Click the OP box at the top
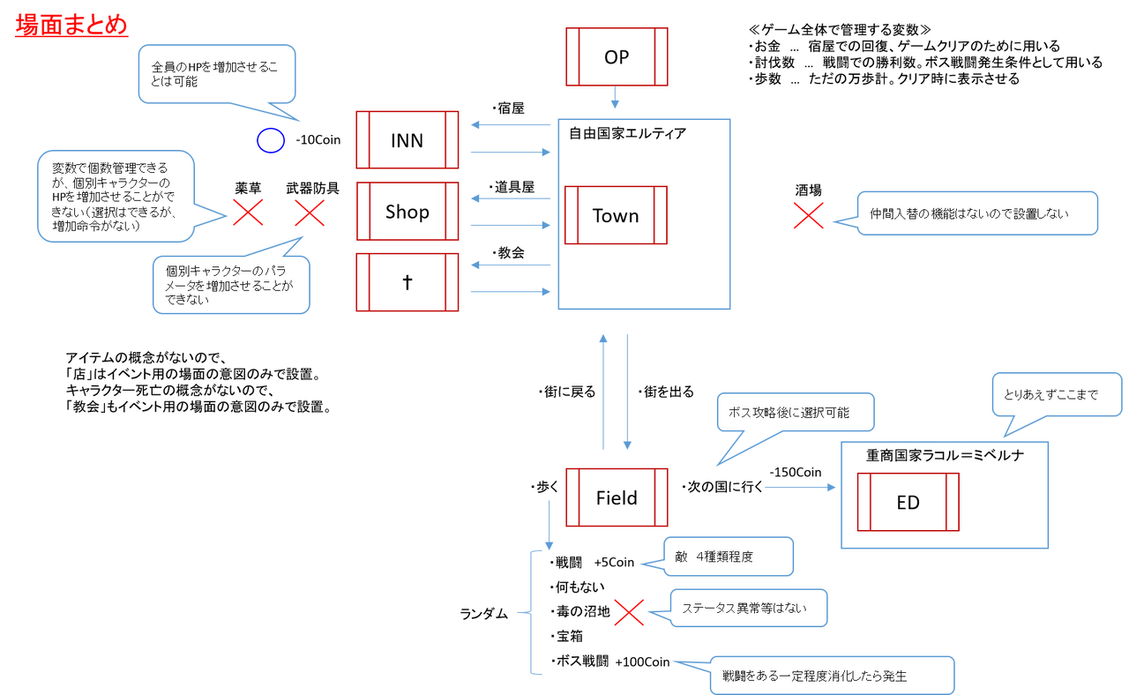click(617, 56)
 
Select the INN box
click(407, 140)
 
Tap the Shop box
click(407, 212)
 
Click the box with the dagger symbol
click(407, 282)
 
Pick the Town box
click(616, 215)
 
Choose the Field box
click(616, 497)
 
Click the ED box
click(908, 502)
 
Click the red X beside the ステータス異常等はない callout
click(629, 612)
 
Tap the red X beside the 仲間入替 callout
click(808, 215)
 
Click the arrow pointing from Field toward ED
click(799, 487)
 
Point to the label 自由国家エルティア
click(627, 134)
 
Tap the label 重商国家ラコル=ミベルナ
click(945, 455)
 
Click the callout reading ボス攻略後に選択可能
click(795, 412)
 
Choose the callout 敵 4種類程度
click(728, 557)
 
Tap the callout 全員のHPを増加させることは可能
click(216, 74)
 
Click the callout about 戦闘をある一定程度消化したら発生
click(832, 676)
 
